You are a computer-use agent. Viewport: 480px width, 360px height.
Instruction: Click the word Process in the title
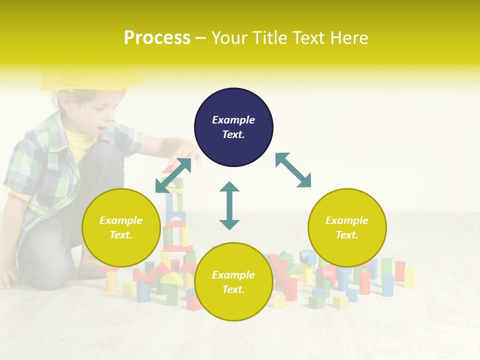157,38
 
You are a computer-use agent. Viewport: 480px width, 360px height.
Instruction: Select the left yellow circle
121,228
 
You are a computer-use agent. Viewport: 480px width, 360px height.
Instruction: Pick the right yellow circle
347,228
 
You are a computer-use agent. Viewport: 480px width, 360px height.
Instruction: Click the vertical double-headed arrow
229,206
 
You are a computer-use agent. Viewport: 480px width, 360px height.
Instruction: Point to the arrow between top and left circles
173,175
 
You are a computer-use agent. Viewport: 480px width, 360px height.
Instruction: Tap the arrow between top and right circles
293,170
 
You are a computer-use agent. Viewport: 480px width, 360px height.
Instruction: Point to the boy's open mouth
101,129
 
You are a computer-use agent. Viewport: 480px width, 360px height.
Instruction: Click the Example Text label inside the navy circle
233,127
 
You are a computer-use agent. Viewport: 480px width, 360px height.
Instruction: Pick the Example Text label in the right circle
347,227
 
